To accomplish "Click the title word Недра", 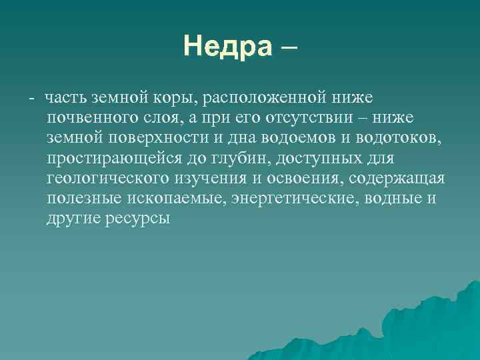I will (227, 47).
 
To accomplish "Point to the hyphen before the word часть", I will (31, 98).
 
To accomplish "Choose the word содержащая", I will (399, 178).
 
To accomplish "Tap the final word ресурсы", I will (137, 218).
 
